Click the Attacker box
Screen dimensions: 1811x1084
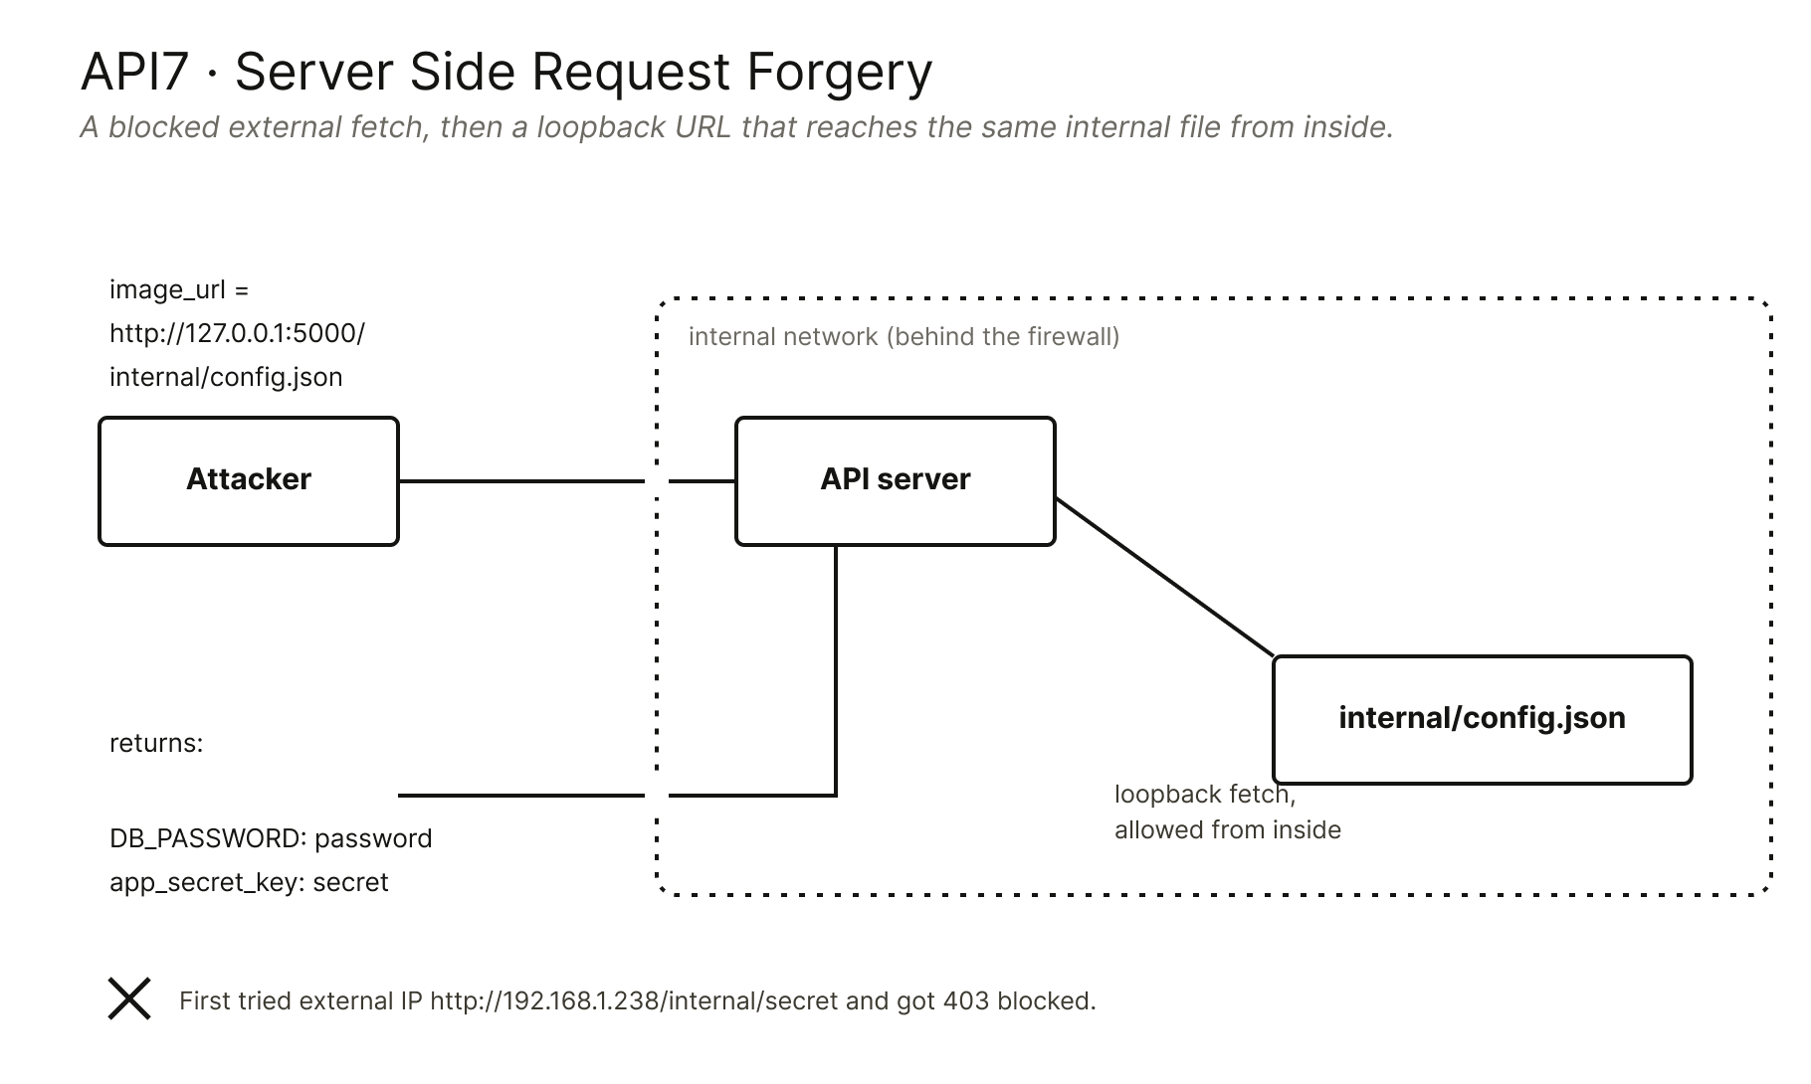point(249,481)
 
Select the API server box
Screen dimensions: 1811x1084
point(896,481)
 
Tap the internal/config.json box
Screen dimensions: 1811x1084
point(1483,720)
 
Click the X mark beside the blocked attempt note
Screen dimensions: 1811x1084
point(129,998)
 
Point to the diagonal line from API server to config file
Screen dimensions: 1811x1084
point(1164,577)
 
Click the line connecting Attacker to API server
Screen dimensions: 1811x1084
point(567,481)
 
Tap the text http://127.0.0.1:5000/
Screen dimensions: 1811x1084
point(238,333)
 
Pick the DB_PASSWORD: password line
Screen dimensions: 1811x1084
point(271,838)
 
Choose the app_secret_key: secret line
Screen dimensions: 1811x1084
point(249,882)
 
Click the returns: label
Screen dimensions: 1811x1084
point(156,744)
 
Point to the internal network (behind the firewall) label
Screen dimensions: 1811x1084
point(904,337)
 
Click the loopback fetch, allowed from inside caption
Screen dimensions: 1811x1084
point(1228,812)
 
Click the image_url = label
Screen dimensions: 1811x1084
point(179,290)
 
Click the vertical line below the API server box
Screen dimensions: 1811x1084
point(836,669)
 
